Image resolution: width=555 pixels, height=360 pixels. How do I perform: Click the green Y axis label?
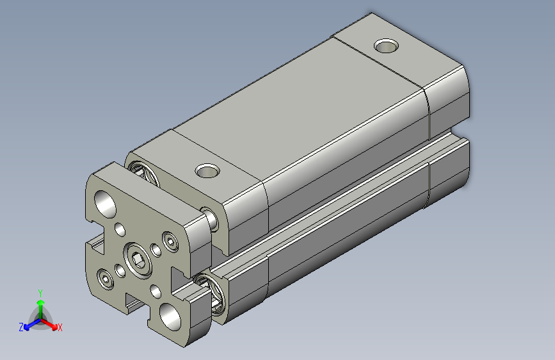pos(40,291)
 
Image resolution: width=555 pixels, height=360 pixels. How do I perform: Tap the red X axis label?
pos(60,328)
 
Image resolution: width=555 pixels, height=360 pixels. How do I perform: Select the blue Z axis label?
pos(21,327)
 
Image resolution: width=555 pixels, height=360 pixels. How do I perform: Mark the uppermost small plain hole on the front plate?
pos(120,229)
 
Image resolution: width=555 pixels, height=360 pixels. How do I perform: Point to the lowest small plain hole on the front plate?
pos(156,293)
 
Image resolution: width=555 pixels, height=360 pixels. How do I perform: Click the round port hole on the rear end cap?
pos(386,45)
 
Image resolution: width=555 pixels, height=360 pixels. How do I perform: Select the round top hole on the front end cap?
pos(206,170)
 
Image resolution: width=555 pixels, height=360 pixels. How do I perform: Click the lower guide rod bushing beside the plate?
pos(212,291)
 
